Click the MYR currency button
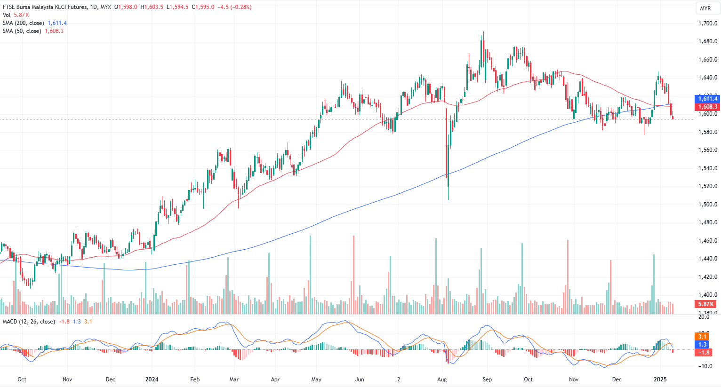(x=705, y=8)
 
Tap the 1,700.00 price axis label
(x=708, y=24)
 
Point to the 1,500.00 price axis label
(x=708, y=205)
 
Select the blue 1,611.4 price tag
(x=707, y=98)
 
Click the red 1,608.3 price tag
(x=707, y=107)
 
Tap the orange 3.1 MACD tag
(x=702, y=337)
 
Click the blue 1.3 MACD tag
(x=702, y=345)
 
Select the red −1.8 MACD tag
(x=703, y=352)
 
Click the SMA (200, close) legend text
(x=24, y=23)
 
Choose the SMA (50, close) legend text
(x=22, y=31)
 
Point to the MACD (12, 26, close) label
(x=29, y=322)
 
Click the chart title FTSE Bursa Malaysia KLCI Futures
(x=45, y=7)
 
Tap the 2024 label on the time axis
(x=152, y=379)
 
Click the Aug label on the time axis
(x=442, y=379)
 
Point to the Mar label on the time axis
(x=234, y=379)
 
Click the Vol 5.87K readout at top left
(x=16, y=15)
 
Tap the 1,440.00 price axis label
(x=708, y=259)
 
